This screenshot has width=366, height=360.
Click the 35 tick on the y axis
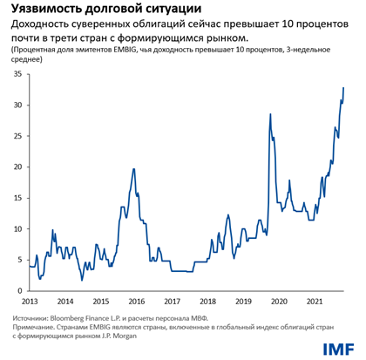tap(18, 74)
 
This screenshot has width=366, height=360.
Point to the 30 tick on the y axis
tap(18, 105)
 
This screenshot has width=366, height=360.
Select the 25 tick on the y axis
tap(18, 136)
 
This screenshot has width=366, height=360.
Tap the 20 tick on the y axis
tap(18, 166)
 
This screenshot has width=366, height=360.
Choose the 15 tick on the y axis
tap(18, 198)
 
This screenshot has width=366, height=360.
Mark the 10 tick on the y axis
tap(18, 228)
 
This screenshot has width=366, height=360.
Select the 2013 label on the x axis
tap(30, 300)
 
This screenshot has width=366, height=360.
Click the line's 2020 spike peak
tap(270, 113)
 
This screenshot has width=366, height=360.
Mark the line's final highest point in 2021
tap(343, 87)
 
